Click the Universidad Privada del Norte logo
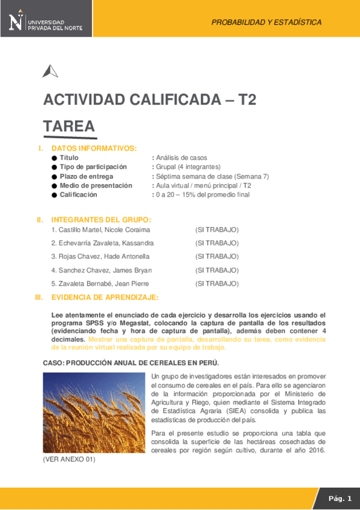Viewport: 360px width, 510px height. click(46, 22)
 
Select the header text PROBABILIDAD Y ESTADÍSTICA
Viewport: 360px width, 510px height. click(266, 22)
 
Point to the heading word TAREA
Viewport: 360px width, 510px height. click(69, 126)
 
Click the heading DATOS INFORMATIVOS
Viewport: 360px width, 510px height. click(94, 148)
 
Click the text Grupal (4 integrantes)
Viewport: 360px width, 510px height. click(188, 167)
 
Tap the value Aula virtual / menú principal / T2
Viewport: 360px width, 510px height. click(203, 186)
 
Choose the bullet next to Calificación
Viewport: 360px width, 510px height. click(54, 195)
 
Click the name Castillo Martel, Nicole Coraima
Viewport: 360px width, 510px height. click(100, 230)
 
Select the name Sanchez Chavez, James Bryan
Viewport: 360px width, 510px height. click(102, 270)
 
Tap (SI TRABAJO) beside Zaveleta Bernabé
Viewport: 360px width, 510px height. click(217, 283)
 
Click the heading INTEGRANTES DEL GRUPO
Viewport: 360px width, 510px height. click(101, 220)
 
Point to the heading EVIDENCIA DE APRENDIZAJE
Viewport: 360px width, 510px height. click(105, 297)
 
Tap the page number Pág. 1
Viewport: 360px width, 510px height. click(340, 498)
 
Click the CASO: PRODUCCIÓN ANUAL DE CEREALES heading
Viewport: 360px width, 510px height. click(131, 363)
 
